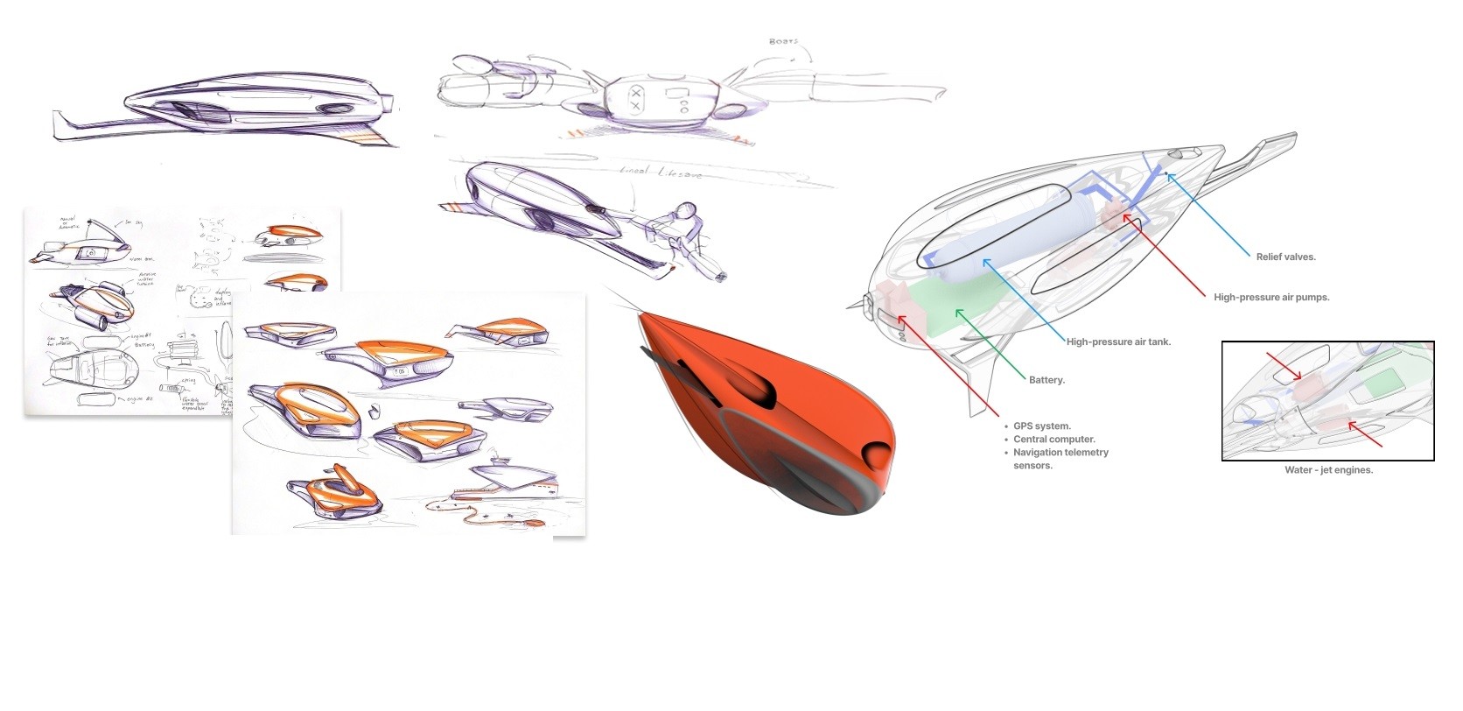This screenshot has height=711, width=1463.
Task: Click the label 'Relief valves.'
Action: pyautogui.click(x=1285, y=257)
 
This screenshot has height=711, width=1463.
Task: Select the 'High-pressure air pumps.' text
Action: pyautogui.click(x=1270, y=297)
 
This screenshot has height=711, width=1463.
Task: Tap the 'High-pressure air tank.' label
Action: pyautogui.click(x=1118, y=341)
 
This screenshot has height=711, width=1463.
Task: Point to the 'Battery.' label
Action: pyautogui.click(x=1046, y=380)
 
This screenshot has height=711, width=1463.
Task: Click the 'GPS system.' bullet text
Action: pyautogui.click(x=1041, y=426)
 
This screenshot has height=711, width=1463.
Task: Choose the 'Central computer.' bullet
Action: pyautogui.click(x=1053, y=440)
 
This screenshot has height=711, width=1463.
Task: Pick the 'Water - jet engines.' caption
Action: pyautogui.click(x=1328, y=470)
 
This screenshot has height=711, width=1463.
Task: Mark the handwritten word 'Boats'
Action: pyautogui.click(x=783, y=41)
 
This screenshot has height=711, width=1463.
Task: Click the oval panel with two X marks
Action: pyautogui.click(x=636, y=98)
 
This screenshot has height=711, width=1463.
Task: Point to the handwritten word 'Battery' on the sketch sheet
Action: pyautogui.click(x=144, y=345)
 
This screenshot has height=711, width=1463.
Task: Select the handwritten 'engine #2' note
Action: pyautogui.click(x=138, y=399)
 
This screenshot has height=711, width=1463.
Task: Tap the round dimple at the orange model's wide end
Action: pyautogui.click(x=875, y=453)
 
